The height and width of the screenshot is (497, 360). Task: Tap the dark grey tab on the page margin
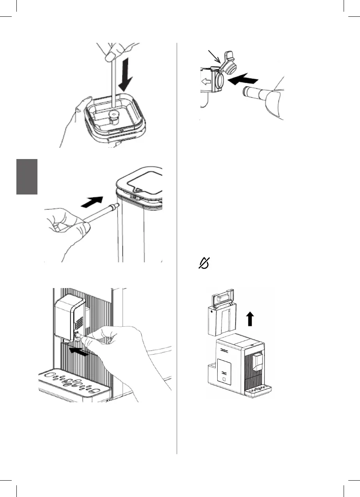(x=27, y=177)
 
